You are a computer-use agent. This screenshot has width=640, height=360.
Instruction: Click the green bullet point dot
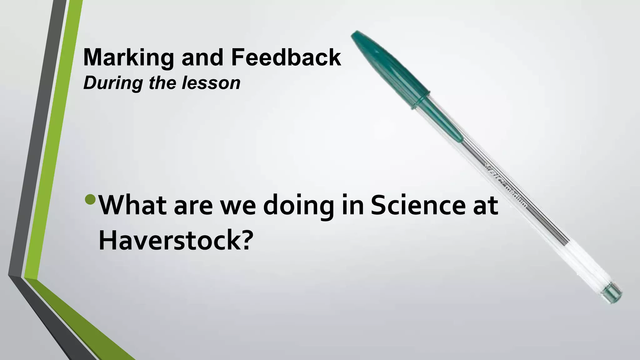[x=90, y=199]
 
